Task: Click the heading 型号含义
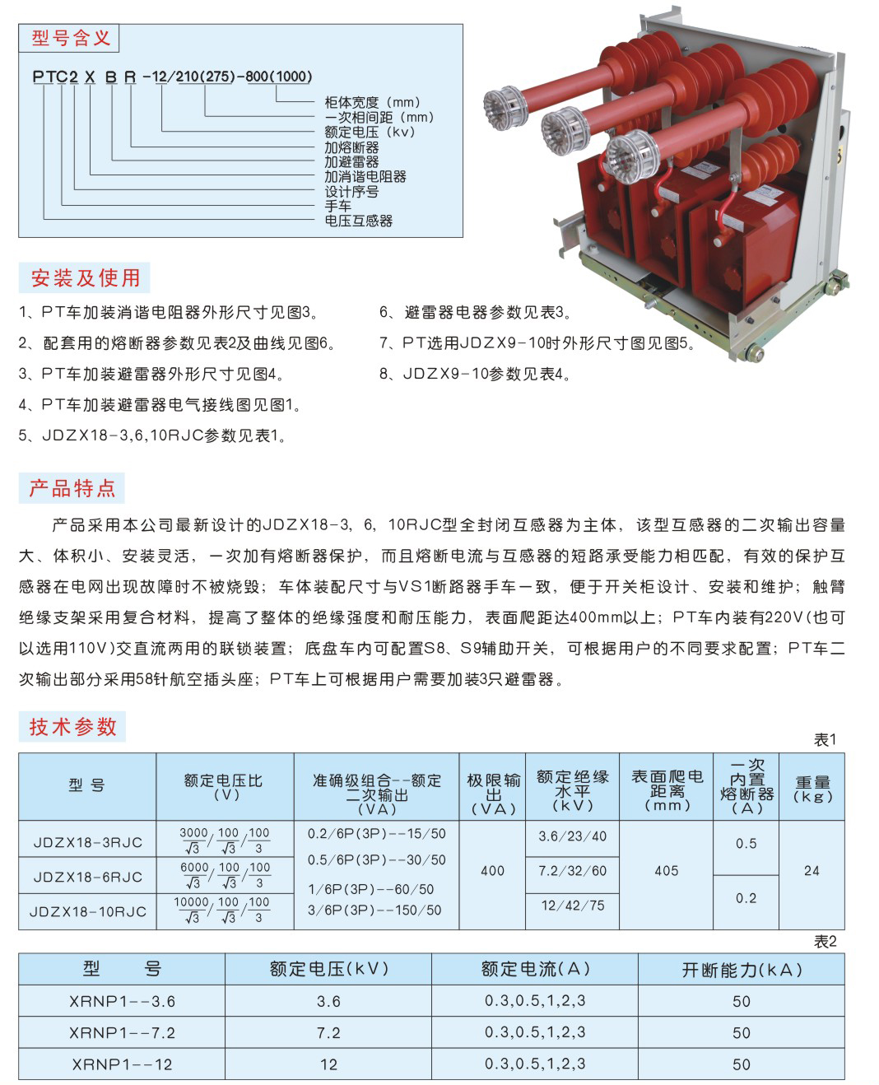71,38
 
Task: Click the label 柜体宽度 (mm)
373,102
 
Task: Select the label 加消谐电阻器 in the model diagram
365,177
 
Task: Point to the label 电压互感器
359,221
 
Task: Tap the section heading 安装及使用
85,277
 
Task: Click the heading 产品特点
72,487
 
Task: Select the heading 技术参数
72,726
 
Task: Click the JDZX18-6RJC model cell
87,877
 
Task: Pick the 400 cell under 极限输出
492,870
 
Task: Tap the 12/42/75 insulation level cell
572,906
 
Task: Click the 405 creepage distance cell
666,870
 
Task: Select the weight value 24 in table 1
812,870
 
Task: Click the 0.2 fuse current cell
746,898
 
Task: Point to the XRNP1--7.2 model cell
123,1032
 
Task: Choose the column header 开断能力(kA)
742,970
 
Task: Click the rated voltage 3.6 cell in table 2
328,1002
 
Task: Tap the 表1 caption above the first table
825,739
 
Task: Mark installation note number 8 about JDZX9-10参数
475,374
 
